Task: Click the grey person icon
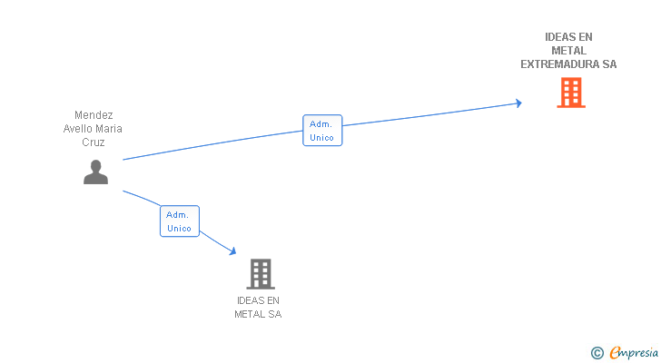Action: pyautogui.click(x=95, y=172)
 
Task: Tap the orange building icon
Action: pyautogui.click(x=570, y=93)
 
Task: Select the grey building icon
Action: pyautogui.click(x=260, y=273)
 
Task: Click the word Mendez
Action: pyautogui.click(x=94, y=115)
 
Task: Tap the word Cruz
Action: pyautogui.click(x=94, y=142)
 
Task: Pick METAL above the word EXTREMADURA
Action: pyautogui.click(x=568, y=51)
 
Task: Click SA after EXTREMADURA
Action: pyautogui.click(x=609, y=64)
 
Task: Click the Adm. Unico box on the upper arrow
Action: pyautogui.click(x=321, y=131)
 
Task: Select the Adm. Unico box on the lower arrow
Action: pyautogui.click(x=179, y=221)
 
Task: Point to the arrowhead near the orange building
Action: pyautogui.click(x=518, y=103)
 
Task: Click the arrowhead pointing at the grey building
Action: pyautogui.click(x=232, y=251)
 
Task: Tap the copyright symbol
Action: pyautogui.click(x=597, y=353)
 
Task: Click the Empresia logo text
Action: pyautogui.click(x=634, y=353)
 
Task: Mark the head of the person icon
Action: pyautogui.click(x=95, y=165)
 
